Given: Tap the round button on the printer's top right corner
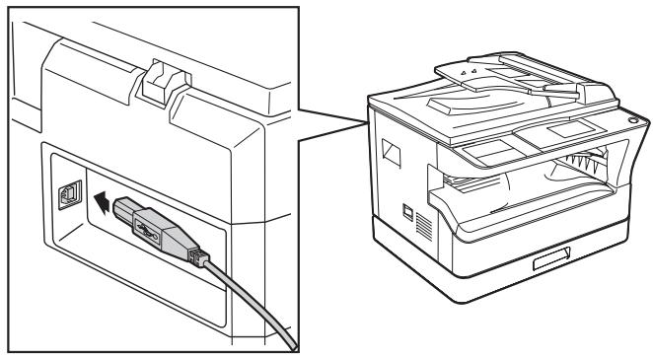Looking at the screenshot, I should click(x=631, y=119).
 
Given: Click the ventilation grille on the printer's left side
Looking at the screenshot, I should click(x=424, y=223).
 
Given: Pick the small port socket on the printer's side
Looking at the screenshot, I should click(x=407, y=212).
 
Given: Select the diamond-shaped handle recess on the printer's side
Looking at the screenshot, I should click(x=390, y=153).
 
